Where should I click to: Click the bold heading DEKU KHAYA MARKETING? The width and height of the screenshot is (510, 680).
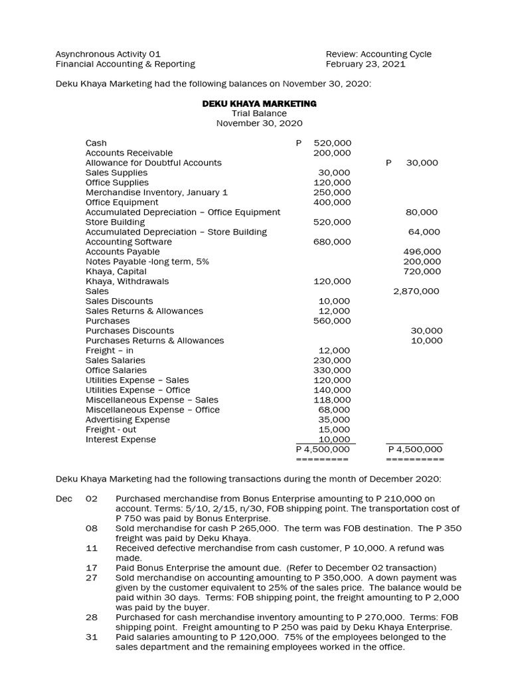[259, 104]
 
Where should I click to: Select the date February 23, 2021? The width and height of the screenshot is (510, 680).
[365, 64]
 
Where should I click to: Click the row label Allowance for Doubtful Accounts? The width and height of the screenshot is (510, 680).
[153, 163]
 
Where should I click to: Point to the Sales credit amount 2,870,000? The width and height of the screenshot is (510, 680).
[416, 291]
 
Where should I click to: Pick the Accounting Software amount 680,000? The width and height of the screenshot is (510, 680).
[332, 242]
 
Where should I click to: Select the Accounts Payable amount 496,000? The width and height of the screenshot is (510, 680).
[422, 252]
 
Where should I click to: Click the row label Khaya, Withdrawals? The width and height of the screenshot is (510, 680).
[127, 281]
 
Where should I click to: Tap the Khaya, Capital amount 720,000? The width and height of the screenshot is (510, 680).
[422, 271]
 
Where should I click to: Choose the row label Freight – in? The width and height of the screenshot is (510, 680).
[110, 350]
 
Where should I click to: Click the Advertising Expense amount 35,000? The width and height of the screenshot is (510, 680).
[335, 420]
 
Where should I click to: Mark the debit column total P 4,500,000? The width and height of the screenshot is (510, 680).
[323, 450]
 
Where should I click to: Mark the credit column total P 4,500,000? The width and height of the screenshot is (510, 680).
[415, 450]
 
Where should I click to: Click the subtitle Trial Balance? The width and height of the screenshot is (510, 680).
[259, 114]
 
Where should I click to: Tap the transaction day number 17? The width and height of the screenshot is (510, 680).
[92, 568]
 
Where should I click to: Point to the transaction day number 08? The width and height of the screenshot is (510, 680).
[92, 528]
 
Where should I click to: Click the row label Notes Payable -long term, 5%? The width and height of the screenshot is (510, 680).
[147, 262]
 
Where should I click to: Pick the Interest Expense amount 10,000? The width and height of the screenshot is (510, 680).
[335, 440]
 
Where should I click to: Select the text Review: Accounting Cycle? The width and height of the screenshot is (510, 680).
[379, 54]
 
